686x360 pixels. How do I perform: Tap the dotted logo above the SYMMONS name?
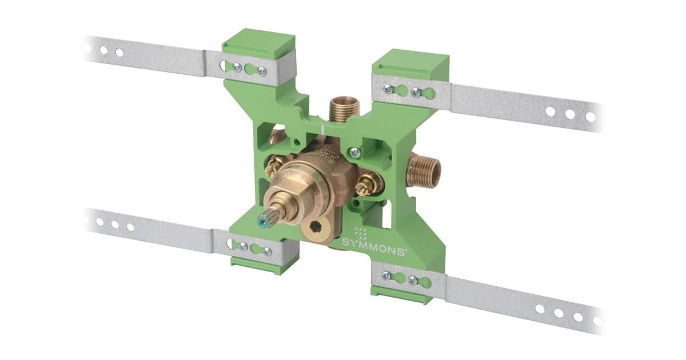361,234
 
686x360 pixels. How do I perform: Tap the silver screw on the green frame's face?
354,151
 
